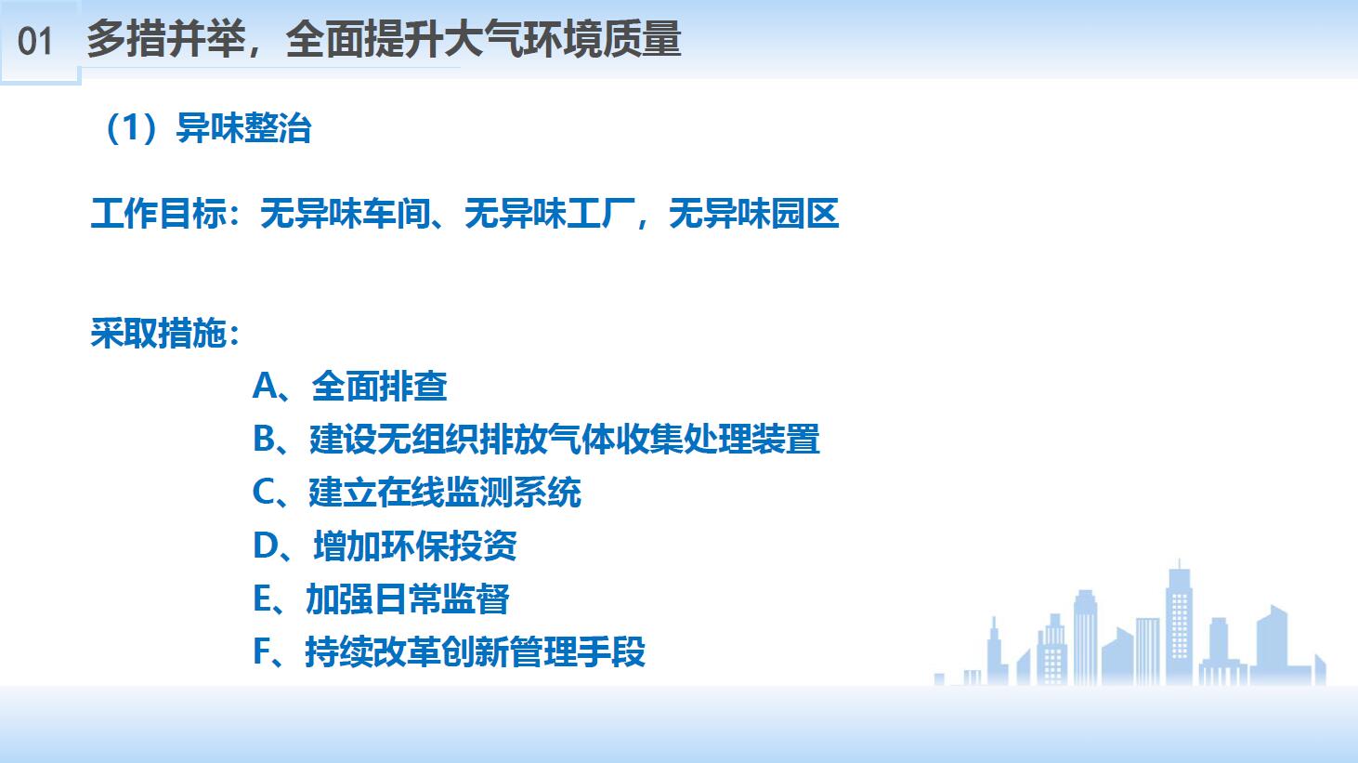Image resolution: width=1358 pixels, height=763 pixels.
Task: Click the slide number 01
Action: (35, 42)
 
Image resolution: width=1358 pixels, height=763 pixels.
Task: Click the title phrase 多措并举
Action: (165, 39)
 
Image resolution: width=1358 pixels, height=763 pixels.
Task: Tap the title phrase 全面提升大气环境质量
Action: (484, 39)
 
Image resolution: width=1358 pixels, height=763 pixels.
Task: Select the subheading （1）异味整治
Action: (207, 128)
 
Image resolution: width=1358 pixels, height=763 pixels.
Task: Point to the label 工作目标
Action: (158, 214)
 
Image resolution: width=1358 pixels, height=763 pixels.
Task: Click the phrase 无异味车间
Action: (345, 214)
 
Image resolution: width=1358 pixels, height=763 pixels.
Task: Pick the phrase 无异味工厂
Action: (549, 214)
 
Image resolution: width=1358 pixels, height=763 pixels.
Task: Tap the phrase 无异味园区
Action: (753, 214)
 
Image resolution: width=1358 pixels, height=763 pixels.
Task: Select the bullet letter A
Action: (265, 386)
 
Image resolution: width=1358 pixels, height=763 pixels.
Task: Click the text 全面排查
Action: (380, 386)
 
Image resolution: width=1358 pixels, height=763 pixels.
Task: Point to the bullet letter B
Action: (265, 439)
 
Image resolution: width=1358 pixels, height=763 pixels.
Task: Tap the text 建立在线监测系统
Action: (445, 492)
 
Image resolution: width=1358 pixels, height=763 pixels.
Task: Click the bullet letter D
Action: (266, 545)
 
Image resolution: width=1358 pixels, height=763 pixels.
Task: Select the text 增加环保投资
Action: (415, 545)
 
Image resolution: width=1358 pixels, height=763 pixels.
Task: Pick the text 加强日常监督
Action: (408, 598)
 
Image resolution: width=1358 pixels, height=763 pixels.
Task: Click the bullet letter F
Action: (262, 651)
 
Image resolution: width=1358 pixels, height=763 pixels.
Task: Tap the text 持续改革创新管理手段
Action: (476, 651)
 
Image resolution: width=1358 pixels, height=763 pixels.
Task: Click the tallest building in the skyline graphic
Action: (1179, 625)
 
